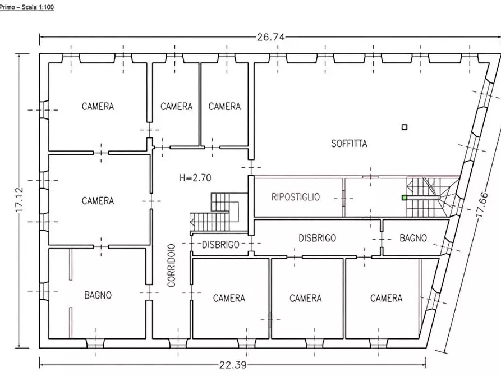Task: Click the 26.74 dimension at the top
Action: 270,38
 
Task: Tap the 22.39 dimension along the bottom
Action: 233,365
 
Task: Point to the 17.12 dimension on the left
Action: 20,200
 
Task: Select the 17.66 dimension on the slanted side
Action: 482,205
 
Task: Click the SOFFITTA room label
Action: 349,144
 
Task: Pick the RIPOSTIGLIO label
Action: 296,197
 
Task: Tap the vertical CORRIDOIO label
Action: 172,265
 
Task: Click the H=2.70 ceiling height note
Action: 195,177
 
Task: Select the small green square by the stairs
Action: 405,198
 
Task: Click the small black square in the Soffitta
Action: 405,127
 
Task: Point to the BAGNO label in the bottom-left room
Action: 98,295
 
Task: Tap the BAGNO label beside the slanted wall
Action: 413,238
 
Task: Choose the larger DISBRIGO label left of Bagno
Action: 318,238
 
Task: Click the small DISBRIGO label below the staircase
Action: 221,245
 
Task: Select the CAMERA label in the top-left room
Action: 98,106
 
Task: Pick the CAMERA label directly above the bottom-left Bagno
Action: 98,201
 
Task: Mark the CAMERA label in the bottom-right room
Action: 387,299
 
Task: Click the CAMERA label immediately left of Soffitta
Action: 224,106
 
